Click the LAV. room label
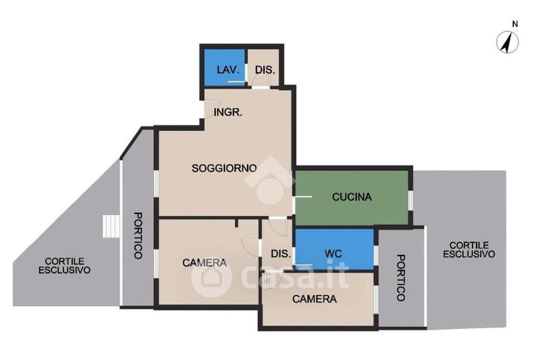[227, 70]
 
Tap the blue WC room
[334, 249]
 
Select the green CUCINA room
[352, 197]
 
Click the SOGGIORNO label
[224, 168]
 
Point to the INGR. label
[227, 112]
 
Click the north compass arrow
[507, 43]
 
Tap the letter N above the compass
[515, 24]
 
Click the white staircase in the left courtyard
[111, 226]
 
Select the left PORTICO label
[138, 235]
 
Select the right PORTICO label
[401, 278]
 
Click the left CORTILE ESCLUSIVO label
[64, 265]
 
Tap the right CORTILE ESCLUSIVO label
[468, 250]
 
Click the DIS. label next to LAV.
[265, 70]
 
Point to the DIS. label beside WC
[281, 254]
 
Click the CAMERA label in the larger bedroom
[205, 263]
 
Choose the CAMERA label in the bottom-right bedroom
[315, 299]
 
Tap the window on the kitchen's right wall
[410, 200]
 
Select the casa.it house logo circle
[211, 278]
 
